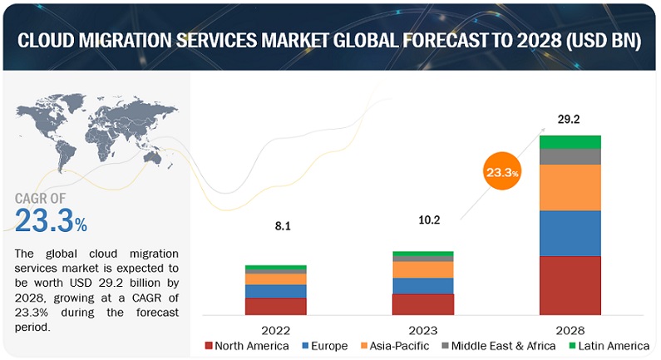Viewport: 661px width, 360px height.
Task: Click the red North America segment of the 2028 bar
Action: [x=570, y=285]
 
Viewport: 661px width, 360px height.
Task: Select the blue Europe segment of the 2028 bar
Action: [x=570, y=233]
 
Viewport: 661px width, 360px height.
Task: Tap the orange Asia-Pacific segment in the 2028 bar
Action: [x=570, y=187]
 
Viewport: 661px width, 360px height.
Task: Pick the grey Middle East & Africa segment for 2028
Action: [x=570, y=156]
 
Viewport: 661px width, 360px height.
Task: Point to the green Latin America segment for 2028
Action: [x=570, y=141]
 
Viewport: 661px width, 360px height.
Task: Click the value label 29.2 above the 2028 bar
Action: [x=569, y=120]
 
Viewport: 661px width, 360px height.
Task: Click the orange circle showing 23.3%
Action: [x=501, y=172]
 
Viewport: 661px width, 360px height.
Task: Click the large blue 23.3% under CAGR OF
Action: [x=51, y=221]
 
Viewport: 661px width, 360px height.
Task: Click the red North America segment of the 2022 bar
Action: [x=275, y=305]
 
